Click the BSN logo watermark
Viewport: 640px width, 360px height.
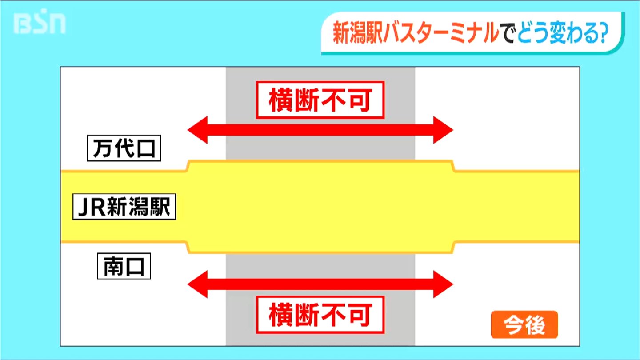click(x=40, y=22)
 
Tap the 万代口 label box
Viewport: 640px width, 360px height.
click(x=124, y=148)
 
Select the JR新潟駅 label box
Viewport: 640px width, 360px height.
click(x=124, y=207)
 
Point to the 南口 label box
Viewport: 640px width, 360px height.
click(x=124, y=266)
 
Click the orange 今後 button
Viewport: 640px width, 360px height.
click(x=524, y=324)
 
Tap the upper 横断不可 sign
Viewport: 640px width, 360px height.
click(x=320, y=100)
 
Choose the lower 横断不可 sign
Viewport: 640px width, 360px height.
click(x=320, y=315)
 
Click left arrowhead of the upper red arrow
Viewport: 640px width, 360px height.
click(x=197, y=130)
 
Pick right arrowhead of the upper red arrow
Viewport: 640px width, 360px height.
click(x=443, y=130)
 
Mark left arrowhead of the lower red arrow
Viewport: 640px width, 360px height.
click(x=197, y=284)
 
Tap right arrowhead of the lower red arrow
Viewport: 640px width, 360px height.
click(x=443, y=284)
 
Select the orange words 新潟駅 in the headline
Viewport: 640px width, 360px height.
click(x=358, y=33)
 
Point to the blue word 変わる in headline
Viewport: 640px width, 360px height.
click(x=574, y=33)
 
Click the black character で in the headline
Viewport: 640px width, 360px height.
click(x=508, y=33)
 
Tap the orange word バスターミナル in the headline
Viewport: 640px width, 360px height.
click(x=441, y=33)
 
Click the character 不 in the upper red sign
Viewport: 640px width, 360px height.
click(x=333, y=100)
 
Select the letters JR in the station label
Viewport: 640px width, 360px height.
click(x=92, y=207)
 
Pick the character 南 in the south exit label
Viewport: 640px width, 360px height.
click(x=112, y=266)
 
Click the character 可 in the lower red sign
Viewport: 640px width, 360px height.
click(x=360, y=315)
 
